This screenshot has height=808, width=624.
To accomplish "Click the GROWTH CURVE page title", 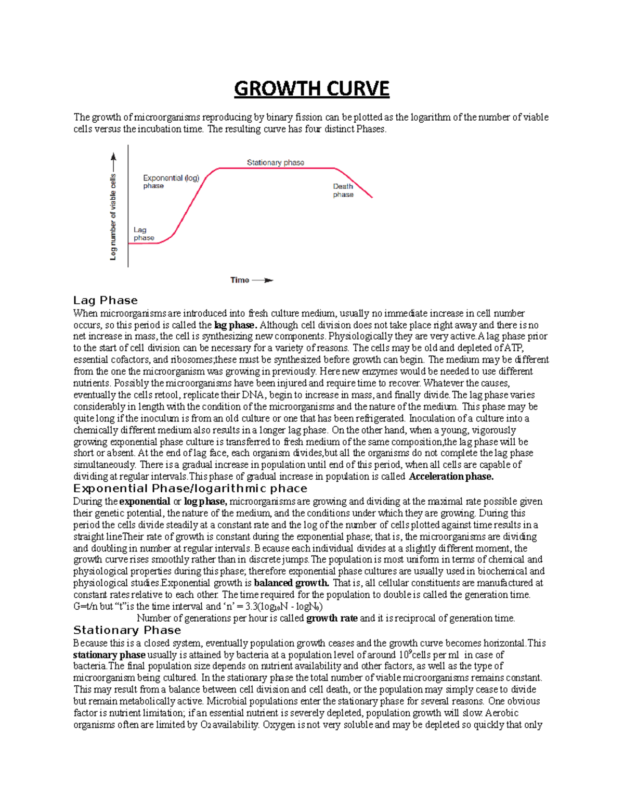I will (x=311, y=89).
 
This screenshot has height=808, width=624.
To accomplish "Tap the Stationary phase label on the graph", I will (x=275, y=163).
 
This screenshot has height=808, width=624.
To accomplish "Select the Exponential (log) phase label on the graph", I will (x=171, y=182).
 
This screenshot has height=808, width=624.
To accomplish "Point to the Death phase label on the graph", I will (x=343, y=190).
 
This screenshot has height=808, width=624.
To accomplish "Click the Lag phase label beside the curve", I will (x=144, y=234).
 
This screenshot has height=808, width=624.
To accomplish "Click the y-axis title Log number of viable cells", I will (x=113, y=217).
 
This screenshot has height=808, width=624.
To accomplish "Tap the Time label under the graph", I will (x=240, y=280).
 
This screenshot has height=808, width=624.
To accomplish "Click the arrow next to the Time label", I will (x=263, y=280).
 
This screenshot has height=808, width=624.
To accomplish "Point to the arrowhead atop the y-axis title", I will (x=113, y=156).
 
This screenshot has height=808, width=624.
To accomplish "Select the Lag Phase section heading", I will (x=106, y=300).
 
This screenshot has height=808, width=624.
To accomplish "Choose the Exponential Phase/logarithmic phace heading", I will (x=190, y=489).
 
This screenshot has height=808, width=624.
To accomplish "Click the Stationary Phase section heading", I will (x=127, y=630).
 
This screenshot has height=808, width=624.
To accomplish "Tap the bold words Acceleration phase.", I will (x=451, y=477).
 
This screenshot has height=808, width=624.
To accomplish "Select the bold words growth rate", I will (x=332, y=618).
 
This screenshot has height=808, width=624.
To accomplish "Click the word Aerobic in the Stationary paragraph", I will (x=503, y=713).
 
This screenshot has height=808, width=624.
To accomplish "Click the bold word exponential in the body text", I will (x=145, y=502).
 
